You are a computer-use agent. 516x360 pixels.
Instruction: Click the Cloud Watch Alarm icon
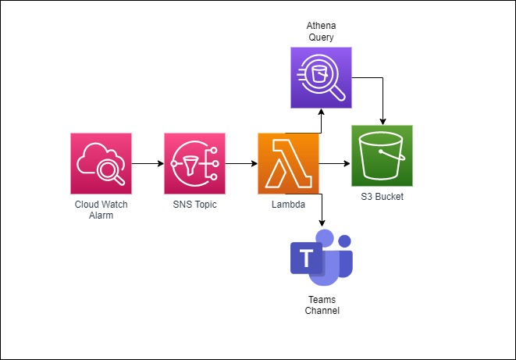click(x=101, y=163)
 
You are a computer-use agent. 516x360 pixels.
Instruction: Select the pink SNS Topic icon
click(x=194, y=163)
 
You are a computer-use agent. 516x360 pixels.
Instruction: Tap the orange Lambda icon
click(x=288, y=163)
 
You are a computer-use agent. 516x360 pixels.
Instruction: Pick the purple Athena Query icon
click(x=320, y=77)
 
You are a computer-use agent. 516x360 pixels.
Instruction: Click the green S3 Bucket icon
click(x=382, y=155)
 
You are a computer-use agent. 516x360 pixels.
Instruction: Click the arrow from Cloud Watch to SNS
click(x=148, y=164)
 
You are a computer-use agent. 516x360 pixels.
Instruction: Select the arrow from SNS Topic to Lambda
click(x=241, y=164)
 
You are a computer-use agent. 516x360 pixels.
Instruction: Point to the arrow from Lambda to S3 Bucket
click(x=334, y=164)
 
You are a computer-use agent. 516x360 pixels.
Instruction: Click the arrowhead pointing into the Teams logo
click(x=320, y=224)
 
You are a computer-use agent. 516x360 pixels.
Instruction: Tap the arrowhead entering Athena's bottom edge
click(x=320, y=113)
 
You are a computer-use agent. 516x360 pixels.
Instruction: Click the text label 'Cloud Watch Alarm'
click(x=101, y=209)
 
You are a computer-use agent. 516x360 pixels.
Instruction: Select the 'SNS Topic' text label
click(x=194, y=205)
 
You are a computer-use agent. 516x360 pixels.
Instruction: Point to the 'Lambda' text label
click(x=288, y=205)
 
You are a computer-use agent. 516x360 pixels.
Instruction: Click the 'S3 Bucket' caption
click(x=383, y=197)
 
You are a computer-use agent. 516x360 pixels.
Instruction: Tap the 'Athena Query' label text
click(x=320, y=30)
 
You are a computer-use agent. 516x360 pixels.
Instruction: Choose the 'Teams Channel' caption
click(x=322, y=305)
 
